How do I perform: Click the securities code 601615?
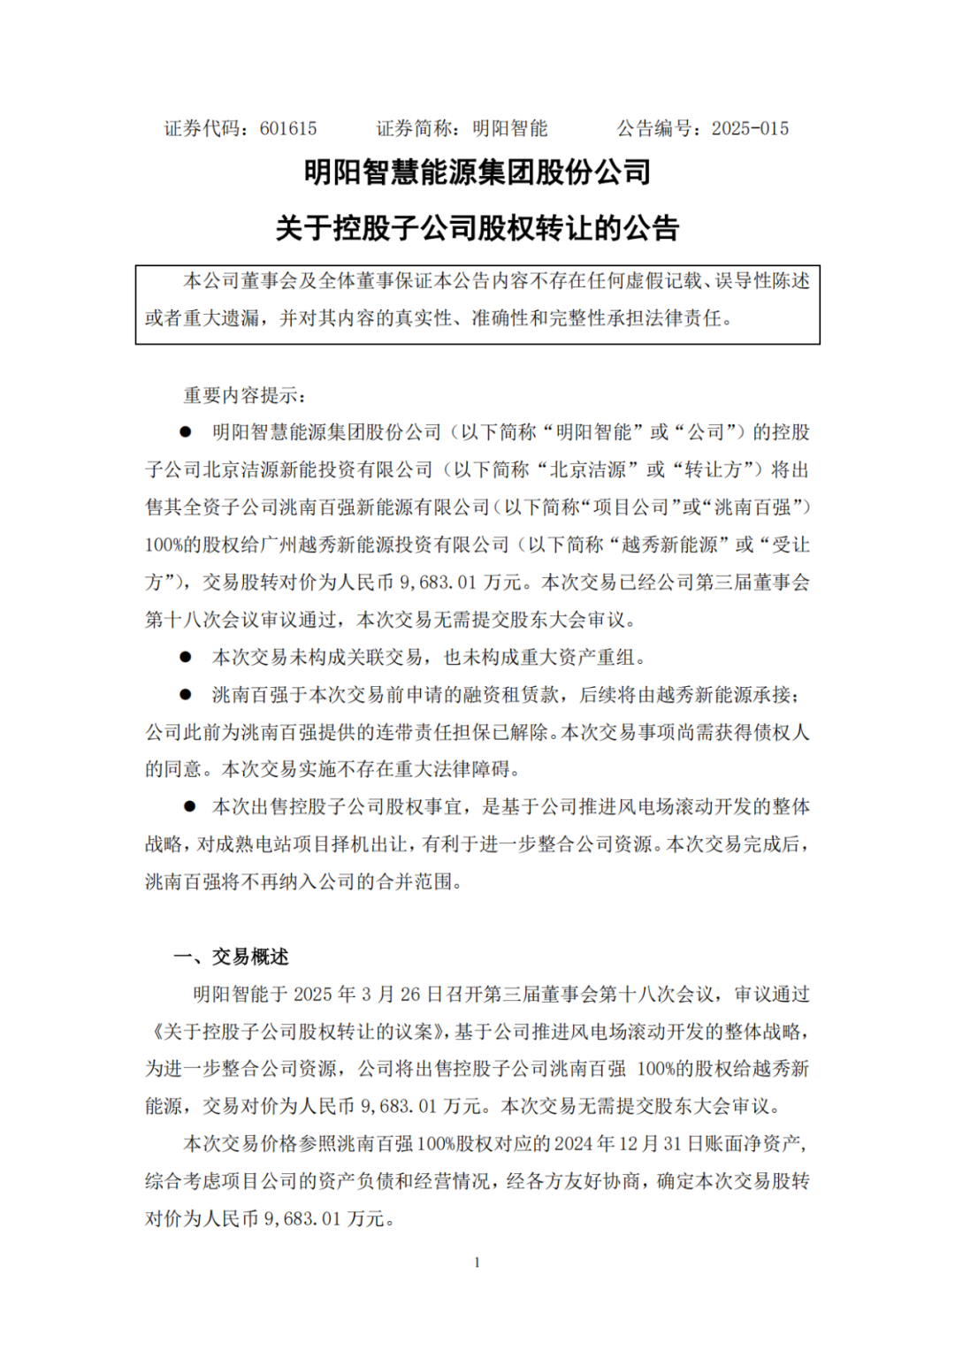288,129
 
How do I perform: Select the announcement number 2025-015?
750,129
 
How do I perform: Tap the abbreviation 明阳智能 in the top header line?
510,129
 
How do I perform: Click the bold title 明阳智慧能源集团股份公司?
477,172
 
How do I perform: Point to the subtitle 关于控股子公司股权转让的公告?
477,229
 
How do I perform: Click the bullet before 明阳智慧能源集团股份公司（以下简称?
186,432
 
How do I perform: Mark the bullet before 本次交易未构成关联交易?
186,657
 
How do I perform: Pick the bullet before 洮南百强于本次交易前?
186,695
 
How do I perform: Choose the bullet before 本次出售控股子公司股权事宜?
189,806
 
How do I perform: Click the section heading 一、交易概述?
232,957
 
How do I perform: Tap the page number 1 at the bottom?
477,1262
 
